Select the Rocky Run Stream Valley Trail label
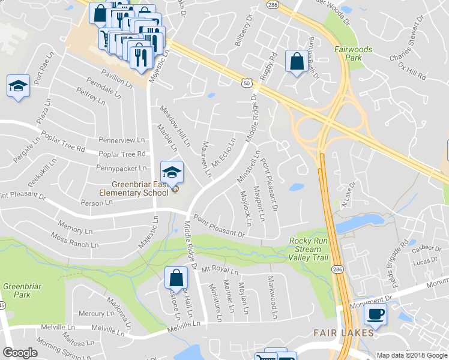pos(309,249)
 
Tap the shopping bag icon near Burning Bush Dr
pos(296,61)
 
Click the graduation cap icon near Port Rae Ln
pos(19,86)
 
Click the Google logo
pos(20,353)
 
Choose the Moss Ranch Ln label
pos(74,241)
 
